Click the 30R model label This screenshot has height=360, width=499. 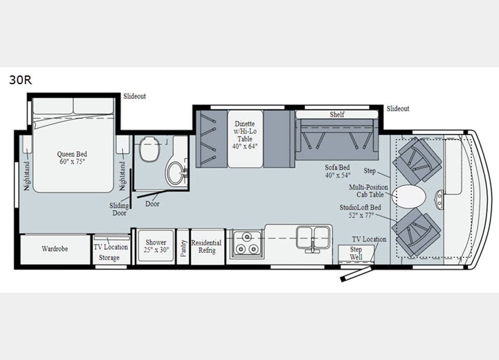click(x=21, y=80)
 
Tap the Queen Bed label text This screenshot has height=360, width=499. click(x=72, y=154)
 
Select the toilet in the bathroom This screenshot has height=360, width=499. click(x=150, y=149)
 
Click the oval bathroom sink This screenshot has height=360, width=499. click(x=175, y=174)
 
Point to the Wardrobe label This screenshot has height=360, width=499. click(x=55, y=249)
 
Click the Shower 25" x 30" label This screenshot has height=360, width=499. click(x=156, y=246)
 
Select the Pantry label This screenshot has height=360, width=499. click(x=183, y=248)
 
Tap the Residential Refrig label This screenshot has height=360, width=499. click(x=206, y=246)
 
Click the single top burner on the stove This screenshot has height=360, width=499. click(x=246, y=237)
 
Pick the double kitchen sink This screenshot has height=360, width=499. click(x=313, y=237)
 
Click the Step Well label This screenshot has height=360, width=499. click(x=356, y=253)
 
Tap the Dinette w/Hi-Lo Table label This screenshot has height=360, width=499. click(x=245, y=135)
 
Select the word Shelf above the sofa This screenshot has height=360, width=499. click(x=337, y=115)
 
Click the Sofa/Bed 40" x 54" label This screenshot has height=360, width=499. click(x=337, y=171)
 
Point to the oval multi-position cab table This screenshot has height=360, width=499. click(x=409, y=196)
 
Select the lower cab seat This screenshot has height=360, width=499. click(x=417, y=232)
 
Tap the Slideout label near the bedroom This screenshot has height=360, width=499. click(x=135, y=96)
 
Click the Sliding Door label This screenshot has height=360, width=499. click(x=119, y=209)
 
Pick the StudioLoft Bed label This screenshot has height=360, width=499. click(x=360, y=211)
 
